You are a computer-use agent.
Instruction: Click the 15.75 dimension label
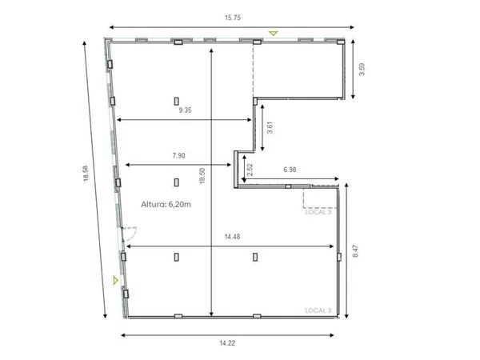click(233, 18)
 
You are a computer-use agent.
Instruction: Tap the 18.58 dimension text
click(86, 174)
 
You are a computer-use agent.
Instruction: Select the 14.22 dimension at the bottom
click(227, 343)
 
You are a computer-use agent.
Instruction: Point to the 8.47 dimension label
click(355, 251)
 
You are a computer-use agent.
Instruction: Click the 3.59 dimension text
click(362, 69)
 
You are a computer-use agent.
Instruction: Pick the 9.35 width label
click(186, 110)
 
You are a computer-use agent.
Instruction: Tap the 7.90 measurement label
click(178, 155)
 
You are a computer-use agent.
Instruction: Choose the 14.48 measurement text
click(232, 237)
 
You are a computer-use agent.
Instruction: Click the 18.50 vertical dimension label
click(202, 176)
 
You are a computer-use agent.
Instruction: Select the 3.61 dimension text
click(270, 128)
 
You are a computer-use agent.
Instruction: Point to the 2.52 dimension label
click(250, 170)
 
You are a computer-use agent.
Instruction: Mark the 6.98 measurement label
click(290, 170)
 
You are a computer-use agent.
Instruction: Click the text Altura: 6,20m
click(166, 204)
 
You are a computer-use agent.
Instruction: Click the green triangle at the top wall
click(273, 33)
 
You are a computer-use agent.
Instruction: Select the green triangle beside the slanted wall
click(115, 280)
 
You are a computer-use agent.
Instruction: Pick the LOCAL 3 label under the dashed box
click(318, 212)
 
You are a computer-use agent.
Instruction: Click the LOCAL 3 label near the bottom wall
click(318, 310)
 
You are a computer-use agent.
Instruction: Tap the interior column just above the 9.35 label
click(176, 101)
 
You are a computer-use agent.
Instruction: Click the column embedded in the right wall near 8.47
click(339, 257)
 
